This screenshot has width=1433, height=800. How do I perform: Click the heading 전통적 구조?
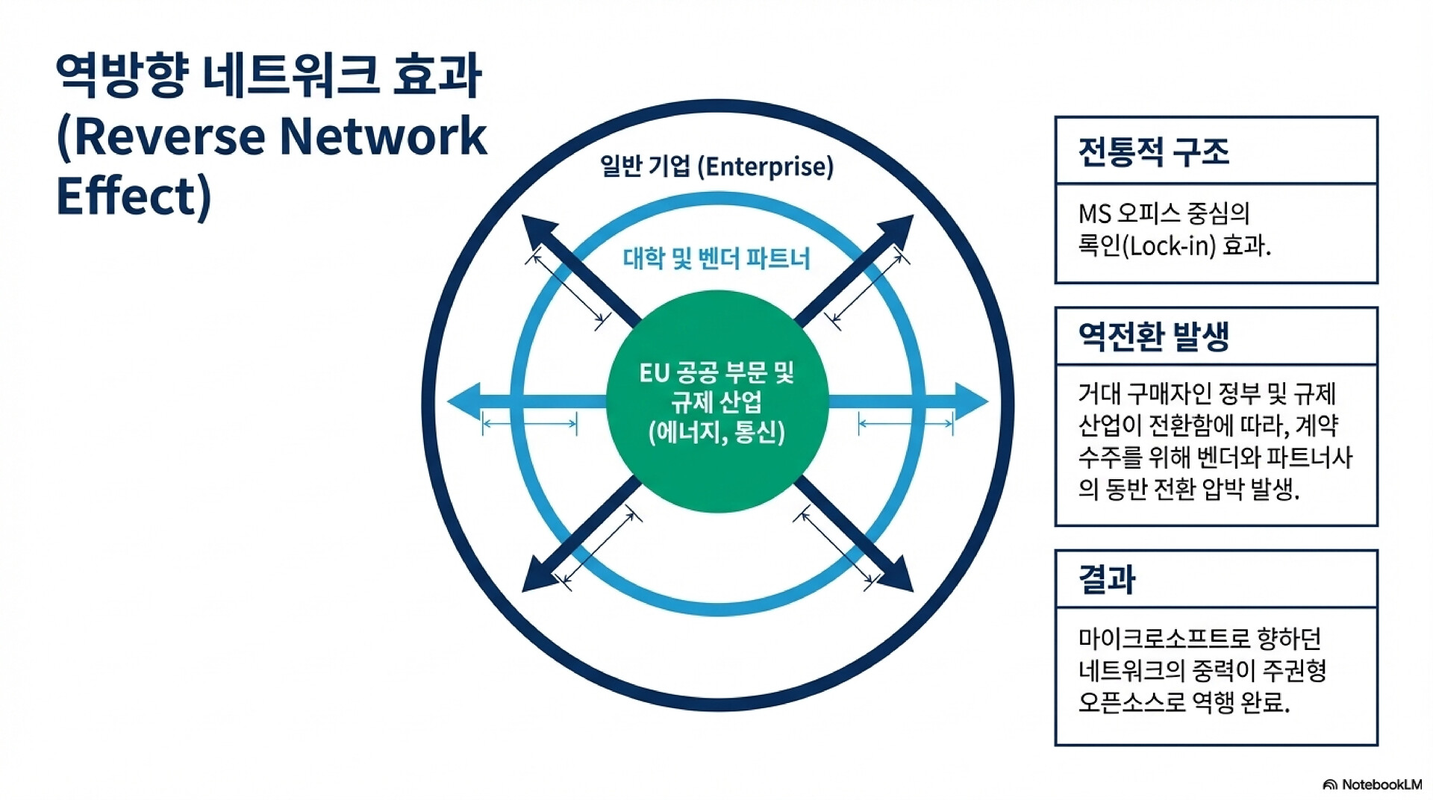click(1153, 151)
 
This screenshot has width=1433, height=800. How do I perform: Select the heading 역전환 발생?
click(1153, 336)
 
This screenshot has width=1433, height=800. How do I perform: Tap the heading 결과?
click(1107, 579)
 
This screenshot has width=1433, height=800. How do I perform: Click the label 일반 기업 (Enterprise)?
click(716, 166)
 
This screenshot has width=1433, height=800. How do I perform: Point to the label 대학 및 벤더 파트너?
click(716, 259)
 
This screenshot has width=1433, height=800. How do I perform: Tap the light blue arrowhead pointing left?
click(464, 401)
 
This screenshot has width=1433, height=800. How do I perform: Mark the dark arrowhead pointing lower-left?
click(535, 578)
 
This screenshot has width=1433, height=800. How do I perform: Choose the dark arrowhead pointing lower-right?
click(899, 578)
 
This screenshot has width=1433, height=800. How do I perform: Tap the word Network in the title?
click(384, 137)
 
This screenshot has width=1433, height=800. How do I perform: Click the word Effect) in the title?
click(134, 196)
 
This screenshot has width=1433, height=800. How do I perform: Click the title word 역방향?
click(120, 75)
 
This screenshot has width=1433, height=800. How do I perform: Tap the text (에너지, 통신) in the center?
click(716, 433)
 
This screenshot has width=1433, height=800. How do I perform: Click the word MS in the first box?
click(1094, 214)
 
